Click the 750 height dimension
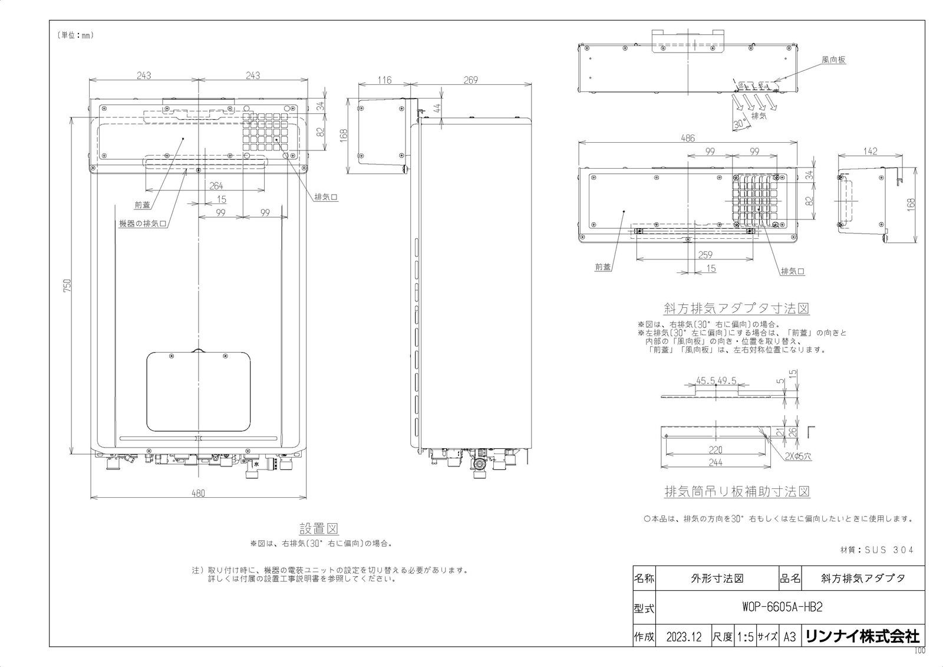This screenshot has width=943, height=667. pyautogui.click(x=68, y=285)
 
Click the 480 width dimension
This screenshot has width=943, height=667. pyautogui.click(x=198, y=493)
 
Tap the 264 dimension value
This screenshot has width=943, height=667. pyautogui.click(x=216, y=186)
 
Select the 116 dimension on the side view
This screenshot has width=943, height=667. pyautogui.click(x=384, y=80)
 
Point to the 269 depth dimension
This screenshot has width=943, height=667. pyautogui.click(x=471, y=80)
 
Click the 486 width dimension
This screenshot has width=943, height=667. pyautogui.click(x=687, y=138)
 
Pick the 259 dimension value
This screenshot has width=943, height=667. pyautogui.click(x=705, y=255)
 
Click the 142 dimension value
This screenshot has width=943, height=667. pyautogui.click(x=870, y=151)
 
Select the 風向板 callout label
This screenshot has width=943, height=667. pyautogui.click(x=833, y=60)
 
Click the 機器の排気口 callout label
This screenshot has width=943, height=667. pyautogui.click(x=143, y=224)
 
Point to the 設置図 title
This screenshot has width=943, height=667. pyautogui.click(x=319, y=528)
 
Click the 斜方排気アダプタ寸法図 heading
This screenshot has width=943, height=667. pyautogui.click(x=736, y=308)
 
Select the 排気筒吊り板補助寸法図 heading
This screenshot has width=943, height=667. pyautogui.click(x=737, y=491)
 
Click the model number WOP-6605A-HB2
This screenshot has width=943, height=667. pyautogui.click(x=782, y=607)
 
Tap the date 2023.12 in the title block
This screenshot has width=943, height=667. pyautogui.click(x=684, y=637)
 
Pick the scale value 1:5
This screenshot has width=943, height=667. pyautogui.click(x=745, y=637)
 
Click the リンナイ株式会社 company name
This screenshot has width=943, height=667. pyautogui.click(x=863, y=637)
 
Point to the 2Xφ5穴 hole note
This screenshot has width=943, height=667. pyautogui.click(x=798, y=456)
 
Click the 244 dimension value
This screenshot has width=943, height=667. pyautogui.click(x=716, y=462)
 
